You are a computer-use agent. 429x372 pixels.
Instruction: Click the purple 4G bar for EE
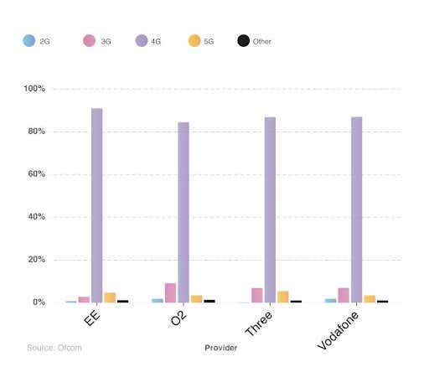point(97,205)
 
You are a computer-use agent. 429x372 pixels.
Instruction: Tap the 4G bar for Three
point(270,209)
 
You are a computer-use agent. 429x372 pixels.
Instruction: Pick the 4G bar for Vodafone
point(357,209)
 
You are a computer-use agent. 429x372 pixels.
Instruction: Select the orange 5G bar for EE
point(110,297)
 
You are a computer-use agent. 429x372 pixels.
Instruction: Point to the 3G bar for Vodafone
point(344,295)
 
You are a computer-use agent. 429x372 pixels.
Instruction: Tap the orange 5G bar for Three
point(283,297)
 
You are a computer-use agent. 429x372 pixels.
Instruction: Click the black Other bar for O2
point(209,301)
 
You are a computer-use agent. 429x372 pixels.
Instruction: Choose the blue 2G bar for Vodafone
point(331,301)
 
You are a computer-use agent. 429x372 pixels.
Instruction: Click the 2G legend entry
point(38,40)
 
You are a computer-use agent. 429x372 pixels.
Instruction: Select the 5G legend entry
point(202,40)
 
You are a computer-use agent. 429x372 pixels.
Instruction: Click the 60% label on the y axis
point(35,174)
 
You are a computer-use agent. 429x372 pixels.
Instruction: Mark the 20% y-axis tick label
point(35,260)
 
